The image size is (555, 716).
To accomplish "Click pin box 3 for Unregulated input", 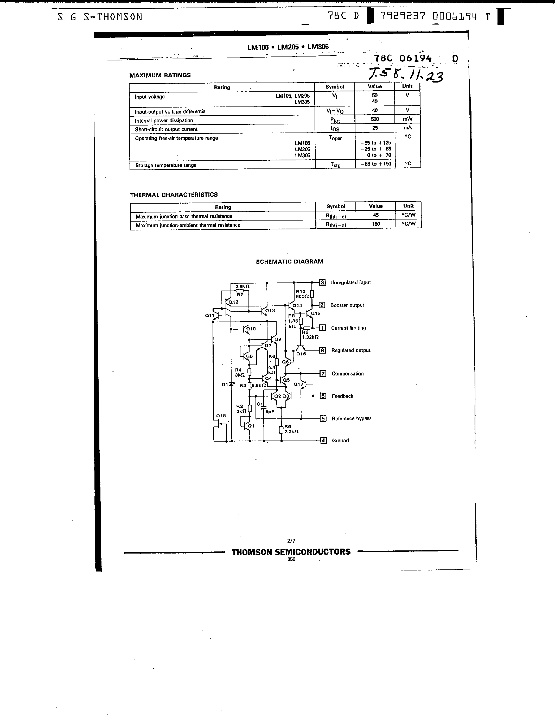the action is point(322,282).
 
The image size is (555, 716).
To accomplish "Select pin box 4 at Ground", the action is point(323,440).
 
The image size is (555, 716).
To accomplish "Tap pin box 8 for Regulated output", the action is point(323,350).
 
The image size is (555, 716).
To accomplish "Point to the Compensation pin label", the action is point(348,374).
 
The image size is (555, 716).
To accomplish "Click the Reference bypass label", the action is point(352,419).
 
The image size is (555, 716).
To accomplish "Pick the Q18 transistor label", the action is point(221,416).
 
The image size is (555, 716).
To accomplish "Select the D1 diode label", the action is point(225,385).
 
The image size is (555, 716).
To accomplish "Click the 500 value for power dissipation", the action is point(375,119).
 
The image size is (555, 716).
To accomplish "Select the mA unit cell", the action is point(407,128).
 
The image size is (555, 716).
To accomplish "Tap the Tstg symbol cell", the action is point(335,165).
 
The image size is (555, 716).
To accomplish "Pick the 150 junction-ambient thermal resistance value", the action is point(376,224).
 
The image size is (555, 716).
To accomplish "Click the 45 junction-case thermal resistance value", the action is point(376,215).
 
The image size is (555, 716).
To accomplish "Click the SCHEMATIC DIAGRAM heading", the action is point(289,262).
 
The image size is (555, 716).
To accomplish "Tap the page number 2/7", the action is point(291,541).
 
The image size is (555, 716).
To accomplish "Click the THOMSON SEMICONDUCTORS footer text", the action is point(291,552).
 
